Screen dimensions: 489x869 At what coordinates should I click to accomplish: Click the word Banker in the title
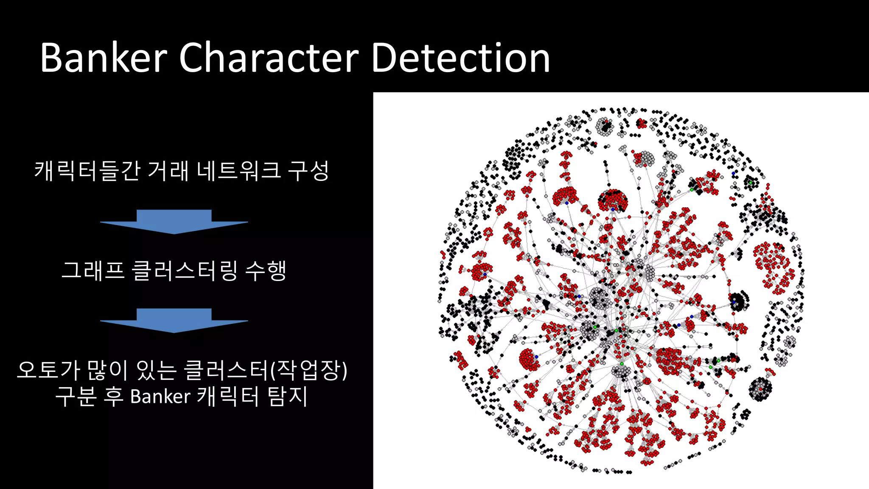coord(104,58)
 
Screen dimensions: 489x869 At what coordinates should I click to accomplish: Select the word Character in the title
coord(269,58)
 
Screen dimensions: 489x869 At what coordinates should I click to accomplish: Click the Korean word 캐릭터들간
coord(87,171)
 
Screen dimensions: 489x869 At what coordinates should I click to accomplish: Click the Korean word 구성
coord(308,171)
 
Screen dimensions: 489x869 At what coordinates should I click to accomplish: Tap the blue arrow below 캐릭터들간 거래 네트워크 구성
coord(174,222)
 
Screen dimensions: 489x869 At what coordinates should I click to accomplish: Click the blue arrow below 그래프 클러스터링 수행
coord(174,320)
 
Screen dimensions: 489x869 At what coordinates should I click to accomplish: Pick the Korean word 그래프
coord(93,270)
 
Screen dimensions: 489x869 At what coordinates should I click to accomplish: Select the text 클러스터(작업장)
coord(266,370)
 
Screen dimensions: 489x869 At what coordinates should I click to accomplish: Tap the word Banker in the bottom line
coord(160,396)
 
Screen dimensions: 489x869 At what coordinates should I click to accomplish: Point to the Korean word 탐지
coord(287,396)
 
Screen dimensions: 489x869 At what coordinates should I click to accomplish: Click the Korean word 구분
coord(76,396)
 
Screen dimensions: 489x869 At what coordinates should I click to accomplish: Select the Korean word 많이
coord(107,370)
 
